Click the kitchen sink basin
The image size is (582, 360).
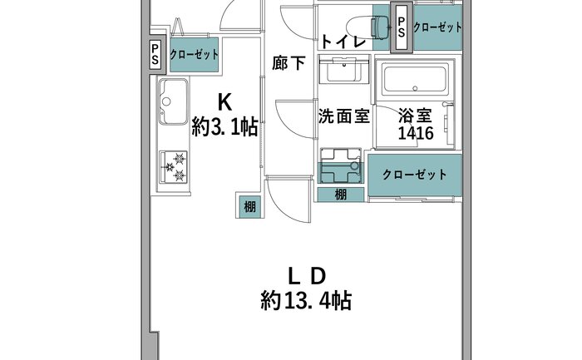point(173,101)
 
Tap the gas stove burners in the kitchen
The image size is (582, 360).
point(173,167)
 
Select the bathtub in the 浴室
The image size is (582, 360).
point(415,79)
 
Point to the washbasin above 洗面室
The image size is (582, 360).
point(344,70)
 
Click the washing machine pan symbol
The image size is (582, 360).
point(341,166)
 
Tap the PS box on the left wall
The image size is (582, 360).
point(155,54)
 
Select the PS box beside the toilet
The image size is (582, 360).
point(402,27)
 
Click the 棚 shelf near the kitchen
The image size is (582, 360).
point(249,206)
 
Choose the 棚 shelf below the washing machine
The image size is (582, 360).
point(340,195)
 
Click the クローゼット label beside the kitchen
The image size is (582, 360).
point(194,55)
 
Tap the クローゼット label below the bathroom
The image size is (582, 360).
point(415,175)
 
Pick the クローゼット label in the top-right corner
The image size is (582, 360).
point(437,27)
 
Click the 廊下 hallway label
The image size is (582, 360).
point(289,63)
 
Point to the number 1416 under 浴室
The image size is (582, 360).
point(416,133)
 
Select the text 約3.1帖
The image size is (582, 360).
point(224,127)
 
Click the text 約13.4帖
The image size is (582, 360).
point(306,300)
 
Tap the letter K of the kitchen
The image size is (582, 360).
point(224,102)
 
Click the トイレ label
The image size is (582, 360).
point(343,41)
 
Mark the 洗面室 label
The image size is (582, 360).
point(344,116)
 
